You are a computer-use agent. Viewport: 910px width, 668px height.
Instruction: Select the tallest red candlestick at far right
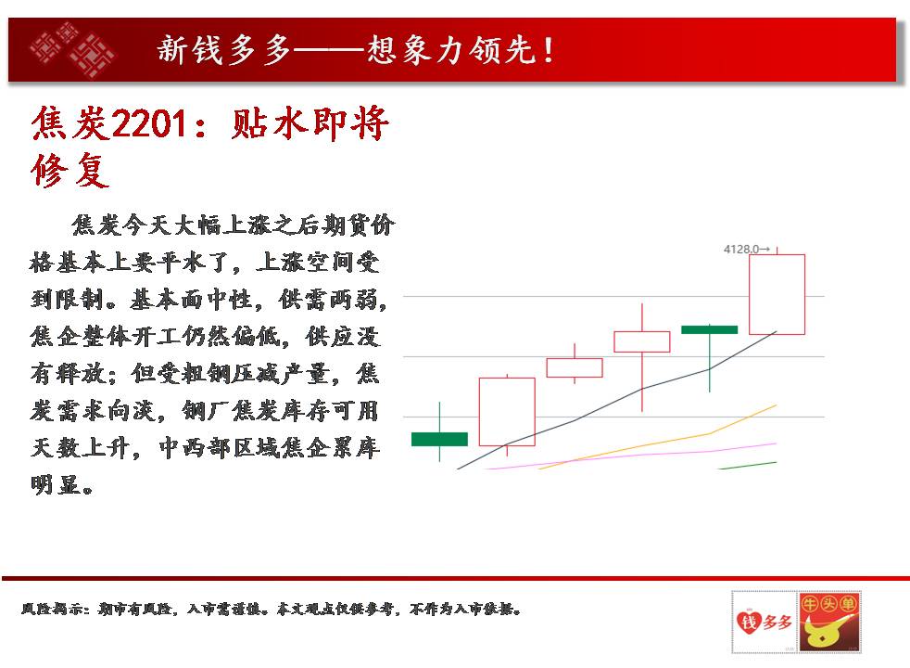coord(777,294)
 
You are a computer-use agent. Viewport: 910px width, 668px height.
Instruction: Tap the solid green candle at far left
coord(439,439)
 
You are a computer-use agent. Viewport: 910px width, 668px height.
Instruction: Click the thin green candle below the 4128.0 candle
coord(709,329)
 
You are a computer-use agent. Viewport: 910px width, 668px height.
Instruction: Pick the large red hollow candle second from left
coord(507,411)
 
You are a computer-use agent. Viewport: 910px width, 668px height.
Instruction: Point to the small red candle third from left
coord(575,367)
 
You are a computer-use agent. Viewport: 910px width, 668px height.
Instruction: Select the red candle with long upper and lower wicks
coord(642,341)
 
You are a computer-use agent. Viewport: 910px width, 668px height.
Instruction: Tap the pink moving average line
coord(633,455)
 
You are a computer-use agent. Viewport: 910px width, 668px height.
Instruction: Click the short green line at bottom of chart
coord(748,465)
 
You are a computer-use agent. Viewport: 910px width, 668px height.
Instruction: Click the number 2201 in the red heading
coord(149,123)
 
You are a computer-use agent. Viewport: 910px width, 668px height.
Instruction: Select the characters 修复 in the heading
coord(70,170)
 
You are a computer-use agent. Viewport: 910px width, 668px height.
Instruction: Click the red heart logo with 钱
coord(764,623)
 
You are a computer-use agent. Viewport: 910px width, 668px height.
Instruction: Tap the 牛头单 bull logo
coord(828,622)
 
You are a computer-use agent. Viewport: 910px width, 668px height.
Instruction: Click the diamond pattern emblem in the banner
coord(72,49)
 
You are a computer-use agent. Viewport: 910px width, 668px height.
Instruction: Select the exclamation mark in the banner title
coord(548,50)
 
